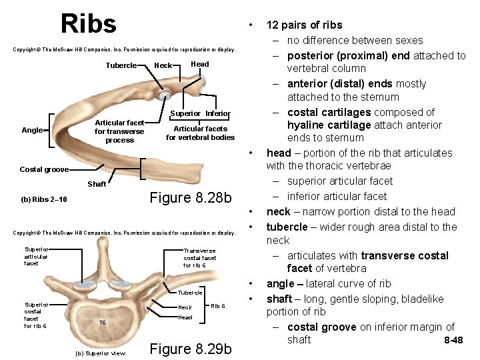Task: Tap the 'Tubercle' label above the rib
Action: point(121,65)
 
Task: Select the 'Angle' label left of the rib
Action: point(31,130)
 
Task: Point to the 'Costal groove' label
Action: point(44,170)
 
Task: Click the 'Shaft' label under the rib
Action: point(97,184)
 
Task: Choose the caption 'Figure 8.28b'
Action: point(191,198)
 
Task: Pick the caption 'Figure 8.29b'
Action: point(191,349)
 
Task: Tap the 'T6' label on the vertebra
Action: point(102,323)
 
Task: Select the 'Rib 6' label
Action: point(218,306)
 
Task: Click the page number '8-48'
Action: point(453,341)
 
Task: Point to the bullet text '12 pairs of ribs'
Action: point(304,25)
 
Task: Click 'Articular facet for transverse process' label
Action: point(119,131)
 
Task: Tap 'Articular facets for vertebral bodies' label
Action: point(200,133)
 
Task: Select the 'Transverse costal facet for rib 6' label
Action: point(199,257)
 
